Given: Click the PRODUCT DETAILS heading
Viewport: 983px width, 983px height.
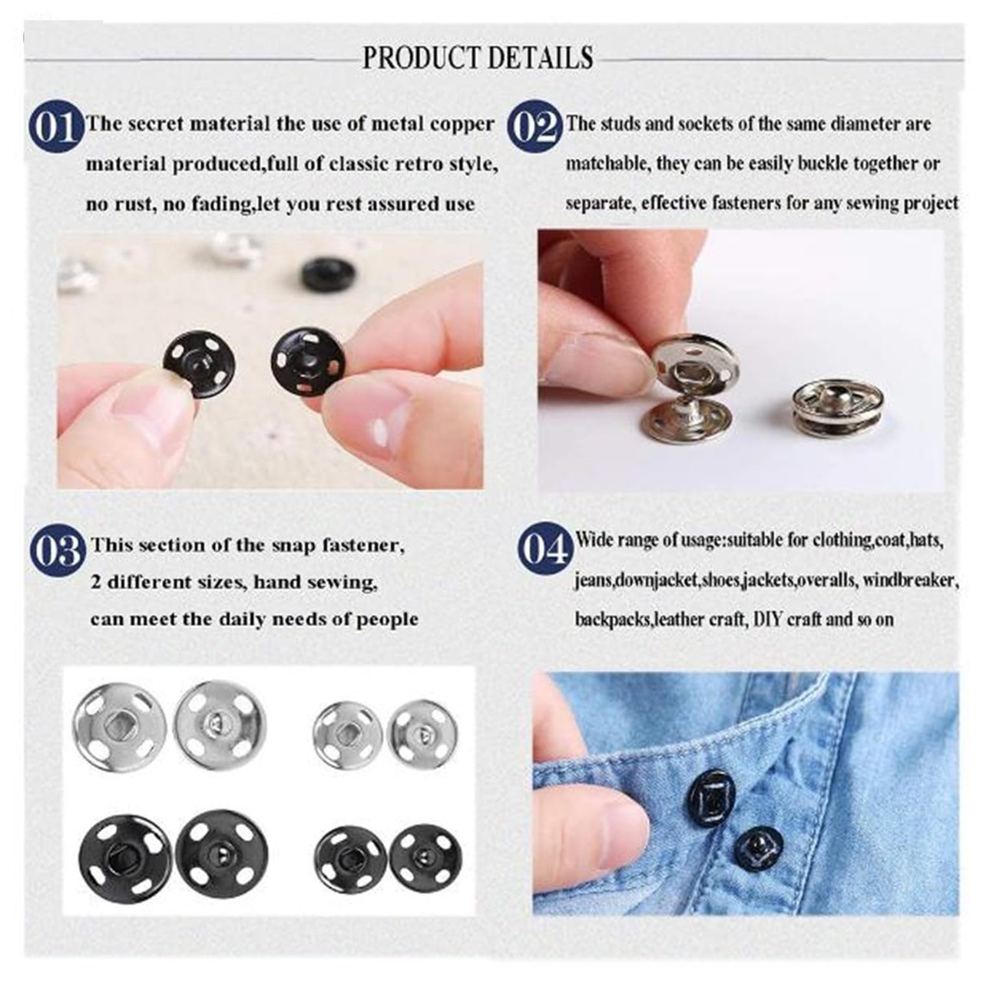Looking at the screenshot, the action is (x=478, y=57).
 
